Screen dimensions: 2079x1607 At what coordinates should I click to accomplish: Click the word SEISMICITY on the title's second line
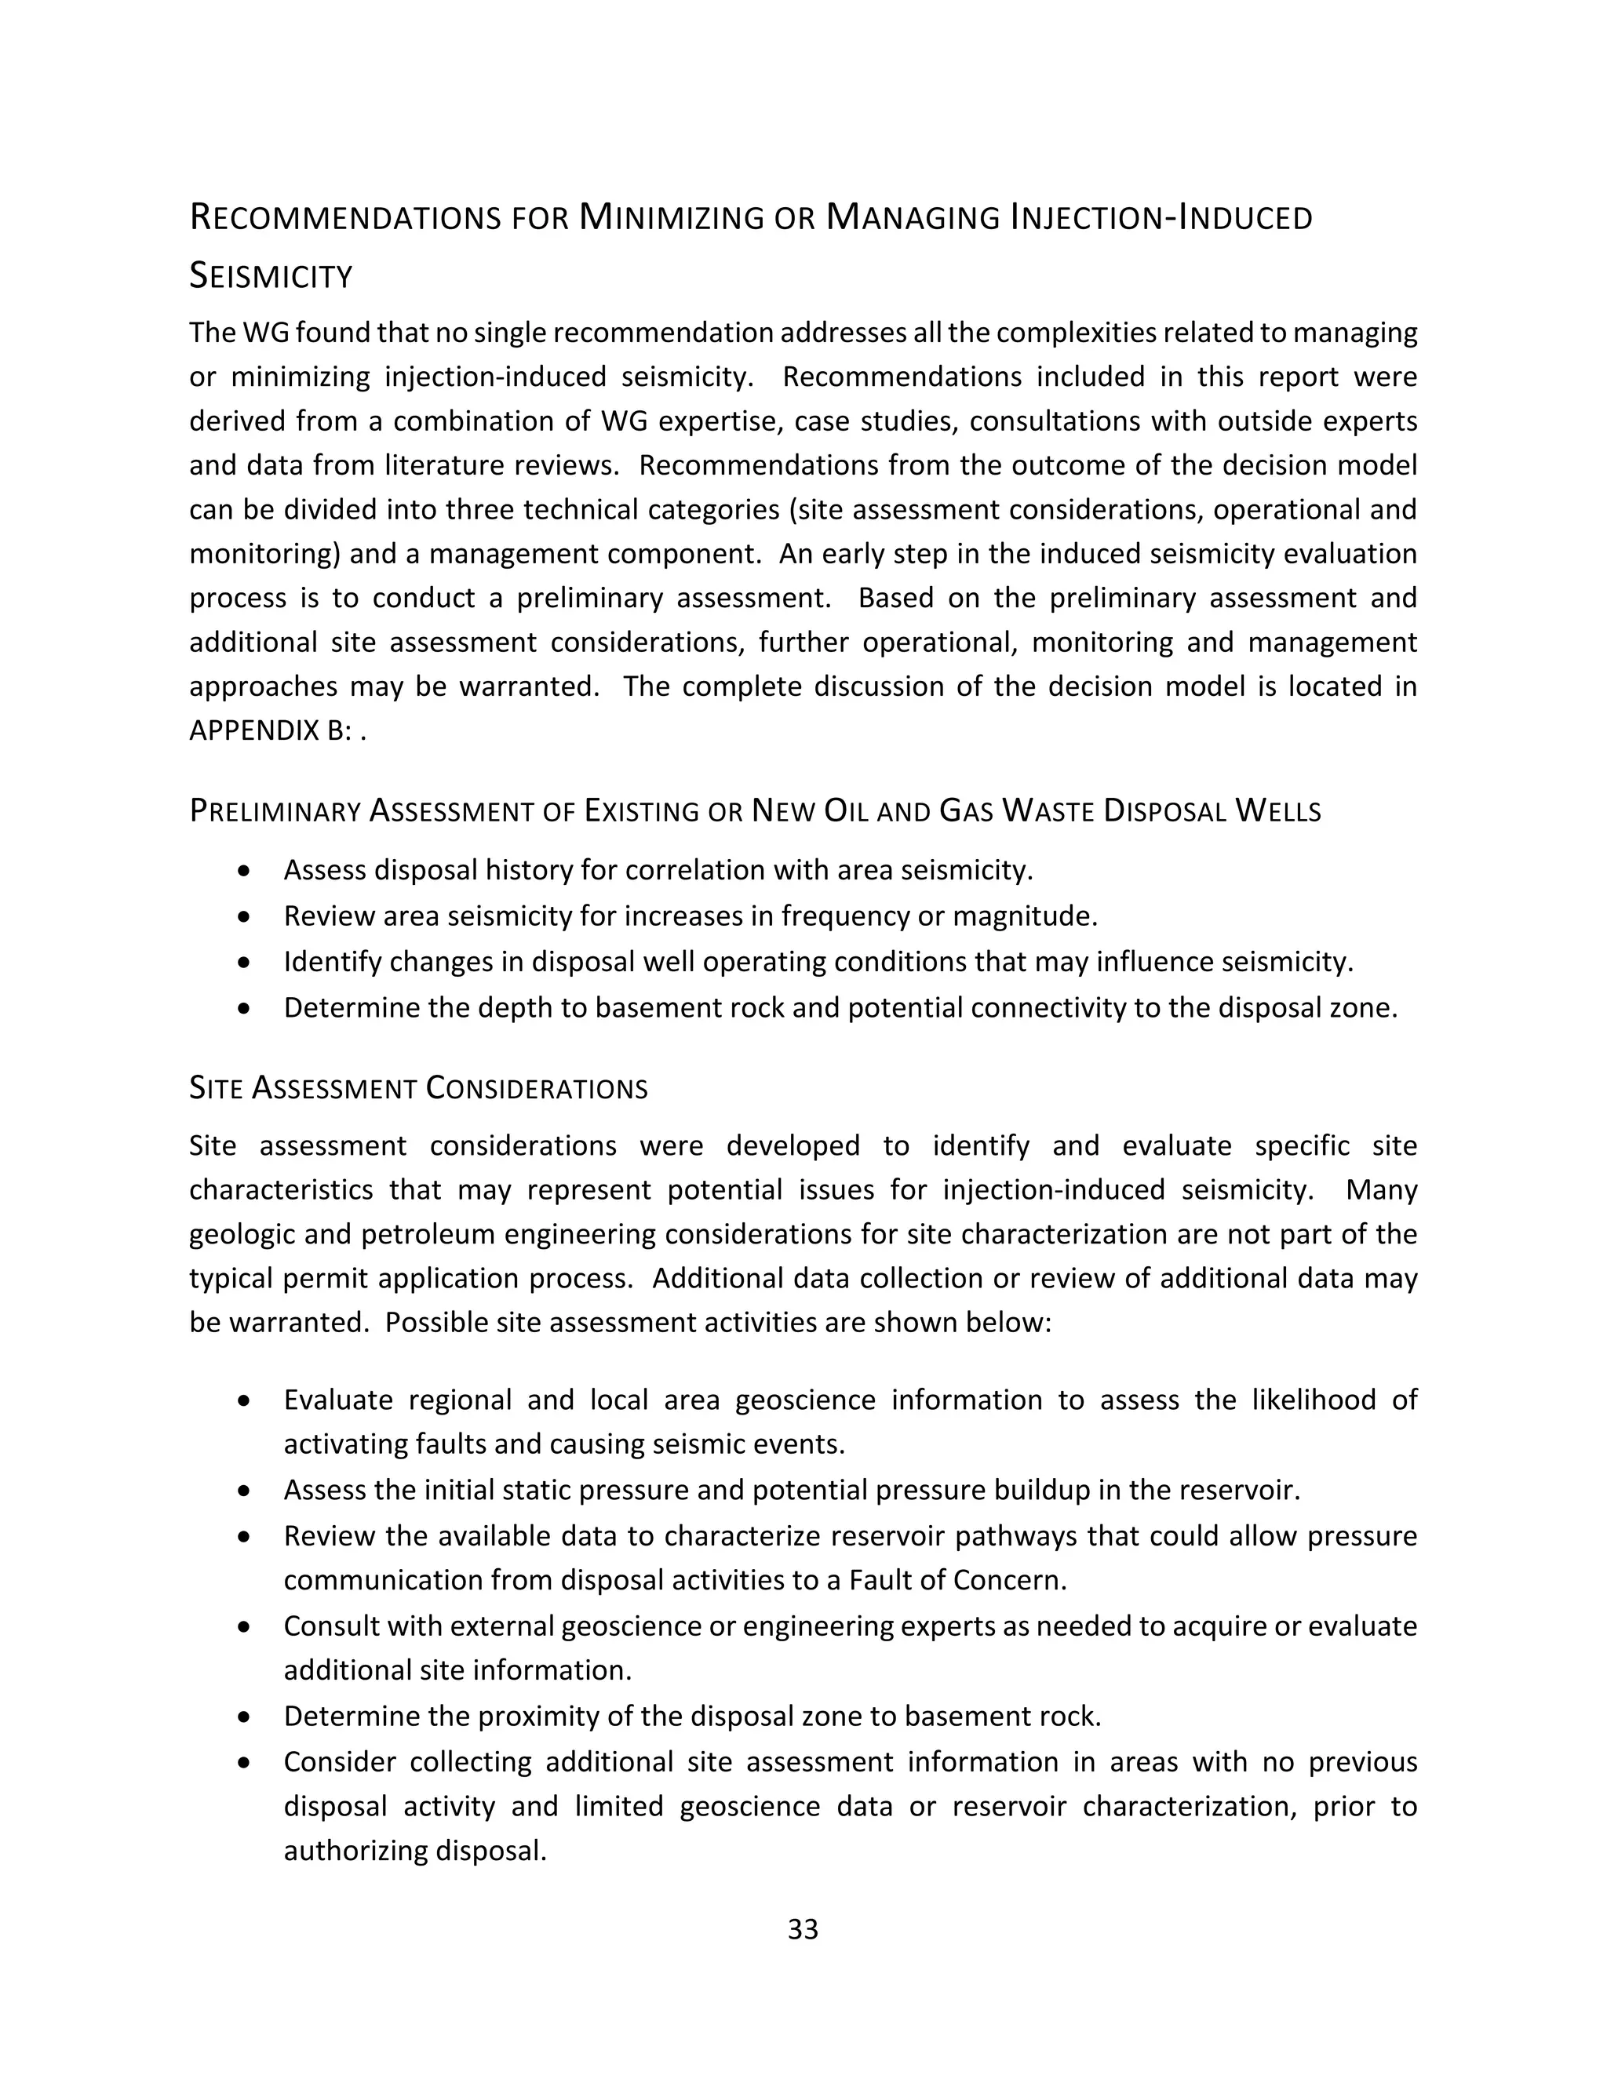point(271,277)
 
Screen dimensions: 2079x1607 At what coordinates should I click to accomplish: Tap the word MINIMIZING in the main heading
point(671,218)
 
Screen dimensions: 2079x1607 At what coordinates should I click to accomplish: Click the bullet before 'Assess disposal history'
point(246,870)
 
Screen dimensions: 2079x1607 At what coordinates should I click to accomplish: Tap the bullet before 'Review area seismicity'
point(246,916)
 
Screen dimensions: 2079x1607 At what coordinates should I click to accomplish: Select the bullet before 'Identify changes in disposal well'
point(246,962)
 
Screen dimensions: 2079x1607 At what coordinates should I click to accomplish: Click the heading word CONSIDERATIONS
point(537,1088)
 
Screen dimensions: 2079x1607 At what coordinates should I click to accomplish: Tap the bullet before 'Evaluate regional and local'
point(246,1400)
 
